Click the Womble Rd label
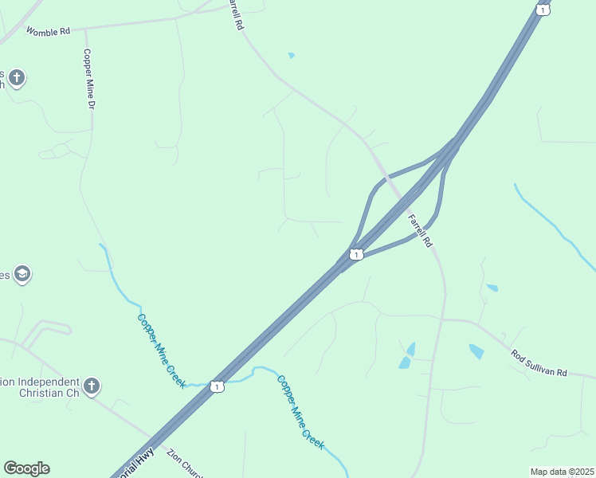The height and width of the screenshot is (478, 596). coord(48,31)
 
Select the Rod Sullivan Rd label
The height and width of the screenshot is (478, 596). coord(539,362)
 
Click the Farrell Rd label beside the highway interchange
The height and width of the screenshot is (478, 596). coord(419,231)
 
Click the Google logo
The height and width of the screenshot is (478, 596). coord(26,468)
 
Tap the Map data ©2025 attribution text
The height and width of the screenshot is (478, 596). coord(562,472)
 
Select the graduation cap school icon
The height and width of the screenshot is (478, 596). coord(22,275)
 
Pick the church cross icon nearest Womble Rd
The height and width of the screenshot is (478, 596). coord(16,78)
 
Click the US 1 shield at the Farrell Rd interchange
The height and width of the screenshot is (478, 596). coord(356,254)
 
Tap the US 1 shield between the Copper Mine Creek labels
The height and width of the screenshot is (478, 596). coord(217,386)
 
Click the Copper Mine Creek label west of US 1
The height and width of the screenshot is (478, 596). coord(162,351)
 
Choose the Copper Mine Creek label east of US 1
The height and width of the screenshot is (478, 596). coord(300,412)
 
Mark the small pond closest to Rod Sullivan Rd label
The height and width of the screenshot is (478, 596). coord(476,351)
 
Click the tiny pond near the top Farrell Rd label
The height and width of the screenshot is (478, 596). coord(292,55)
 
